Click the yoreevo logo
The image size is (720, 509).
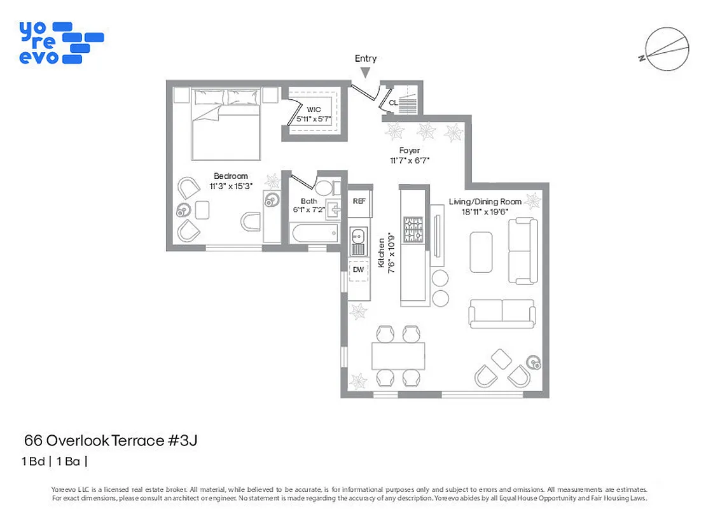(60, 43)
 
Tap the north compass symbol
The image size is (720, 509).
(667, 50)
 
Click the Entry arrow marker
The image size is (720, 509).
(365, 73)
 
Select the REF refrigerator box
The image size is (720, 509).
(359, 201)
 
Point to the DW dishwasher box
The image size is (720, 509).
(359, 270)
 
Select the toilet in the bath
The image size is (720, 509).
(324, 188)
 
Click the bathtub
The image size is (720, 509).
(314, 234)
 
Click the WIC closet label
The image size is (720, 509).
(314, 109)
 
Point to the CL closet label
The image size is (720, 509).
(393, 102)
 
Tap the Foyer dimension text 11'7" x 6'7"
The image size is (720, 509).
(410, 161)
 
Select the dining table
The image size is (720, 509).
(398, 356)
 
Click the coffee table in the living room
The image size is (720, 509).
(481, 252)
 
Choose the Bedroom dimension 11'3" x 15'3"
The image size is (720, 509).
(231, 186)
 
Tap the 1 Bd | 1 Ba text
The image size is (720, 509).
(55, 462)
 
